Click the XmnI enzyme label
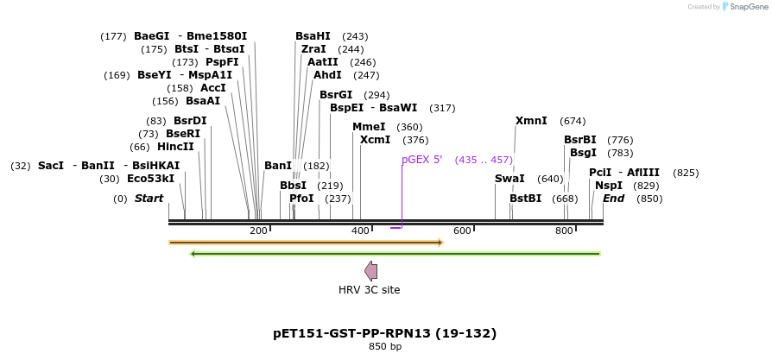[531, 121]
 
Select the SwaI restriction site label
[509, 179]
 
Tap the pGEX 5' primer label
[422, 160]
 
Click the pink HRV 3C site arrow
[371, 271]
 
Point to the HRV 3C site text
[369, 290]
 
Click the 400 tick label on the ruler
[360, 231]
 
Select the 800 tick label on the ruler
[564, 231]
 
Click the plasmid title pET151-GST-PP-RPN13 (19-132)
[385, 333]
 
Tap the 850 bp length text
[385, 347]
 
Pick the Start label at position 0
[149, 199]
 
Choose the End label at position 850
[614, 199]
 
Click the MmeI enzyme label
[369, 127]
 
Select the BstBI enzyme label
[525, 199]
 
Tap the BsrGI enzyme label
[336, 95]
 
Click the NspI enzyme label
[609, 186]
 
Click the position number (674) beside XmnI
[573, 121]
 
